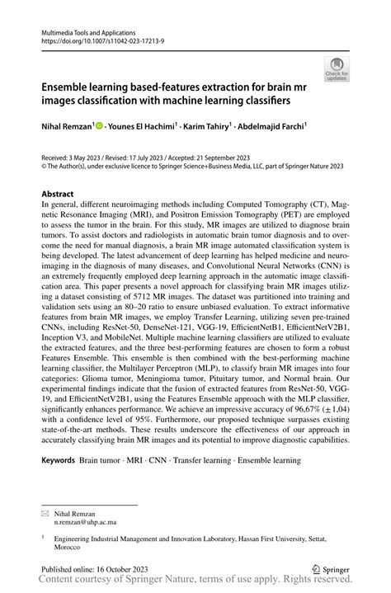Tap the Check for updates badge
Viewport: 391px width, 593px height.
[x=337, y=69]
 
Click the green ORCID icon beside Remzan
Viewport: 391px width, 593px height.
[x=99, y=126]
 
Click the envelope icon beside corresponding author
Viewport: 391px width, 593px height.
[x=46, y=513]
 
